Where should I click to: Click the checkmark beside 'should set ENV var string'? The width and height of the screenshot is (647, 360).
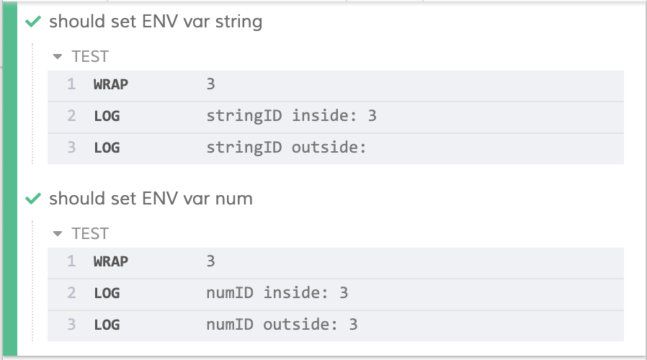point(32,22)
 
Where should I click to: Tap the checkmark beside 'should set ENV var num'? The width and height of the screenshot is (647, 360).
point(32,198)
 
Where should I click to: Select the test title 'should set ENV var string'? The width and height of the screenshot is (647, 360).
point(156,22)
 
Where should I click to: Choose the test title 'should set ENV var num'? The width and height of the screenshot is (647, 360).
point(151,198)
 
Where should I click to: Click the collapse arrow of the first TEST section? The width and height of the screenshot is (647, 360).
point(58,57)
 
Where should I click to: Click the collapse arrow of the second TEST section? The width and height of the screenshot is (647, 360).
point(58,233)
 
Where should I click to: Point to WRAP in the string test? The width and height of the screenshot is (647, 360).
point(110,84)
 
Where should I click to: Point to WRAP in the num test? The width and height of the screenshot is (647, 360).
point(110,261)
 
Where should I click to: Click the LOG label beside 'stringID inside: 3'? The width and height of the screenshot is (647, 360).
point(107,116)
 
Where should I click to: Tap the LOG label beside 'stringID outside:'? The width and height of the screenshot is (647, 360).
point(107,148)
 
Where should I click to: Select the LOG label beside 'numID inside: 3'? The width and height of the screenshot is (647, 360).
point(107,292)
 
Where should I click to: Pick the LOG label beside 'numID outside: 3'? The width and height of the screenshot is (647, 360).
point(107,325)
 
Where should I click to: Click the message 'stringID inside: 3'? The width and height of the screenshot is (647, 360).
point(291,116)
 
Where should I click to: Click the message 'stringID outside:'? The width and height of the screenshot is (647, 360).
point(287,148)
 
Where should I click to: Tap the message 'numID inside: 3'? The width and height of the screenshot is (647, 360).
point(277,292)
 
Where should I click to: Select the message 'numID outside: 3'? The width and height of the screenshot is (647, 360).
point(282,325)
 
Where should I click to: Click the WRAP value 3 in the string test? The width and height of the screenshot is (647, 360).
point(210,84)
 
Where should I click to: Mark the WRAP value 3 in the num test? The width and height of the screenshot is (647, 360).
point(210,261)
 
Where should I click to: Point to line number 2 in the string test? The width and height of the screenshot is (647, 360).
point(71,116)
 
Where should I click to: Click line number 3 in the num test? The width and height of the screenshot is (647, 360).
point(71,325)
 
